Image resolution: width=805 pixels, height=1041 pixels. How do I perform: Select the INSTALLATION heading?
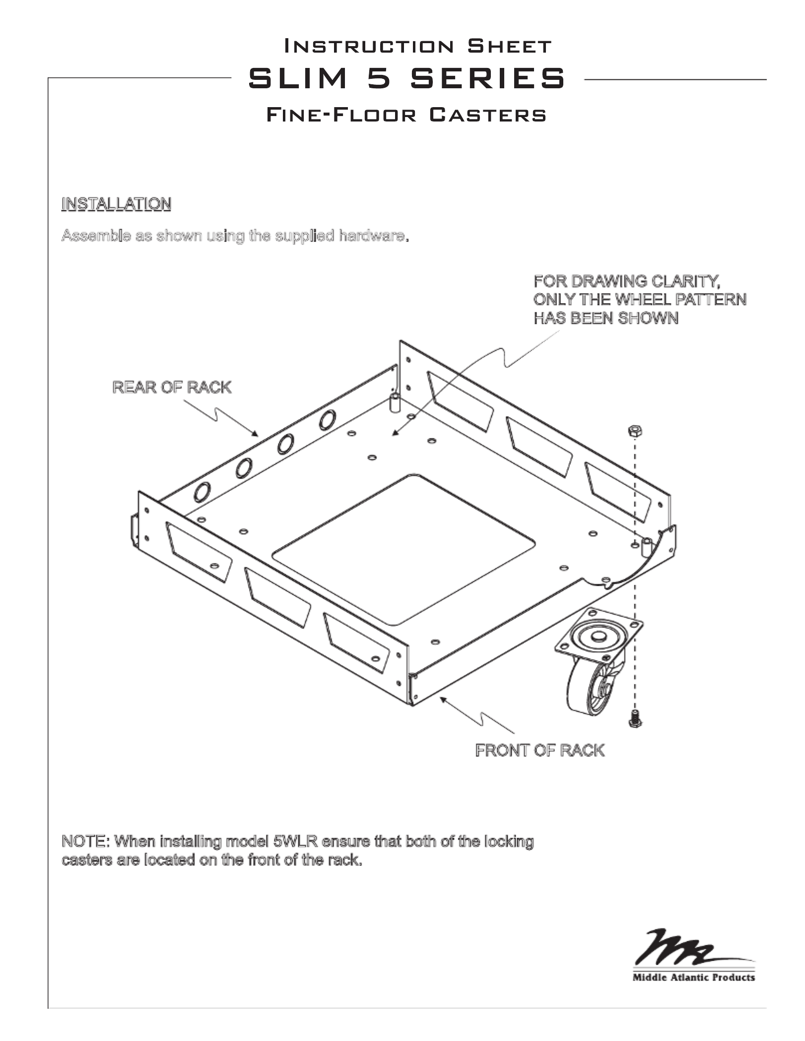[116, 204]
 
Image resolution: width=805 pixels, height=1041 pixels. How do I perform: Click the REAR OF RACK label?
[172, 387]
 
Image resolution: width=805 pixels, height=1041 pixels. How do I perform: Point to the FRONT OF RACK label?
[539, 750]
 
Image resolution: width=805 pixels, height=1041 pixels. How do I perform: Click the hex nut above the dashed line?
[635, 430]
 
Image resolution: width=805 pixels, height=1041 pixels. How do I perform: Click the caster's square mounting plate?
[599, 635]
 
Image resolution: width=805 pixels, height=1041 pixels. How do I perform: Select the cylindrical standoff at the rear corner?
[396, 403]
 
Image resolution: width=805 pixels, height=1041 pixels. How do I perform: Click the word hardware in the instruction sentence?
[372, 236]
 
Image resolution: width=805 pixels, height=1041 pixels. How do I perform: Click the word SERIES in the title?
[487, 79]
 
